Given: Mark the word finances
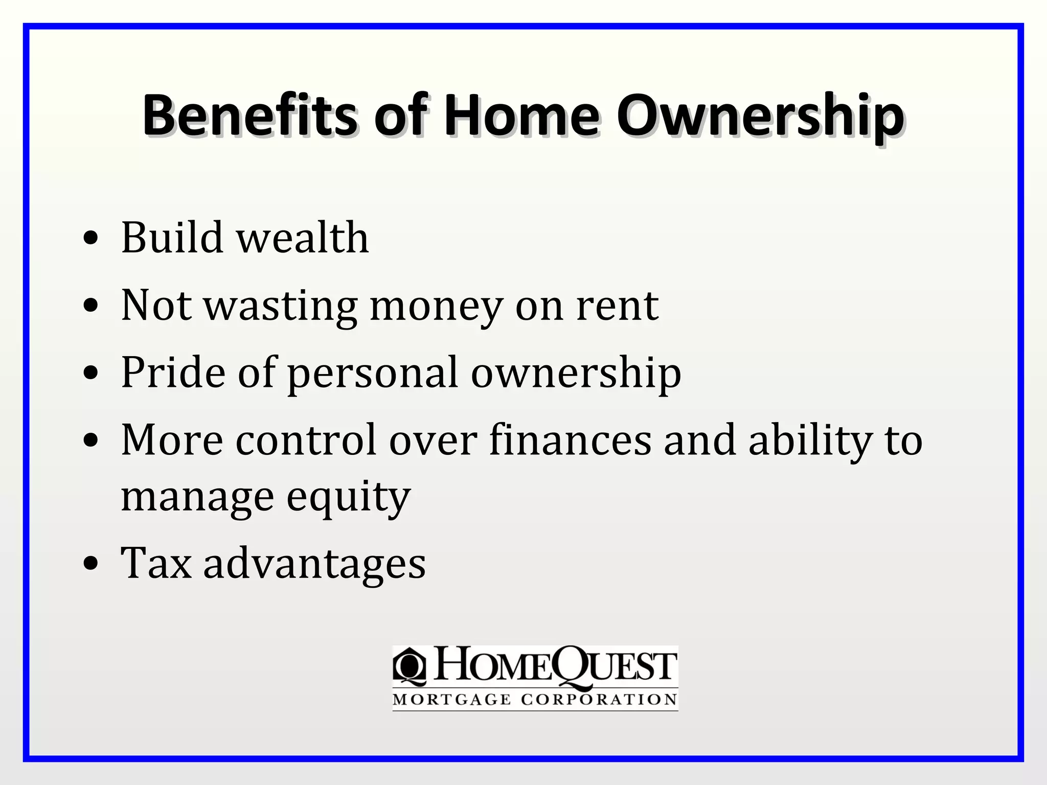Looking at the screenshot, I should (x=570, y=440).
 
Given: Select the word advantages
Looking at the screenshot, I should (x=314, y=564).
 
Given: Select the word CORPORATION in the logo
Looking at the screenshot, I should (x=599, y=700).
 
